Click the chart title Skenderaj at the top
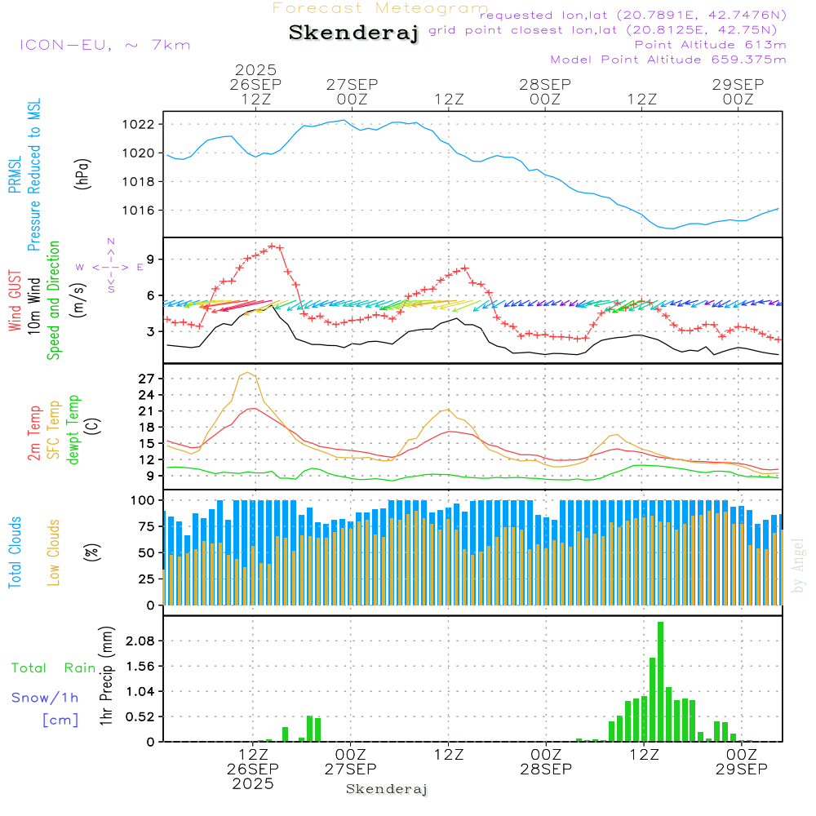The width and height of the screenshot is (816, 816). click(x=353, y=33)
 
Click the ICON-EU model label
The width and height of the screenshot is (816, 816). click(x=104, y=45)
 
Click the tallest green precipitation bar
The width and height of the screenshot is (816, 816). click(x=660, y=681)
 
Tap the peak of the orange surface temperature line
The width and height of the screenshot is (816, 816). click(x=247, y=373)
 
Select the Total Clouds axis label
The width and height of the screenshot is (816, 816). click(x=15, y=552)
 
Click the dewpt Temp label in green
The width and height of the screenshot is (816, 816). click(x=73, y=430)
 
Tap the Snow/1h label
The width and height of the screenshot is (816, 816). click(x=45, y=698)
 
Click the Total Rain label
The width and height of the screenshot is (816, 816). click(x=53, y=668)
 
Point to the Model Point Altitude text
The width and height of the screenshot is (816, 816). click(x=667, y=60)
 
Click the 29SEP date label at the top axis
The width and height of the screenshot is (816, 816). click(x=737, y=85)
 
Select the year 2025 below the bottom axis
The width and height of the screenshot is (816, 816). click(x=252, y=783)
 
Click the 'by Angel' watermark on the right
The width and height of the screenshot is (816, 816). click(x=798, y=565)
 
